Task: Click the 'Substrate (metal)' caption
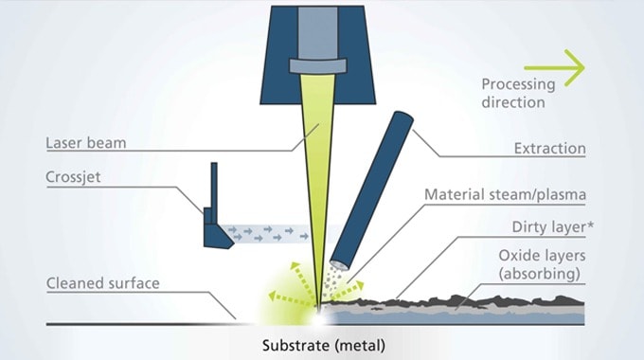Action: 324,344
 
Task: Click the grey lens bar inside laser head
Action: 322,67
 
